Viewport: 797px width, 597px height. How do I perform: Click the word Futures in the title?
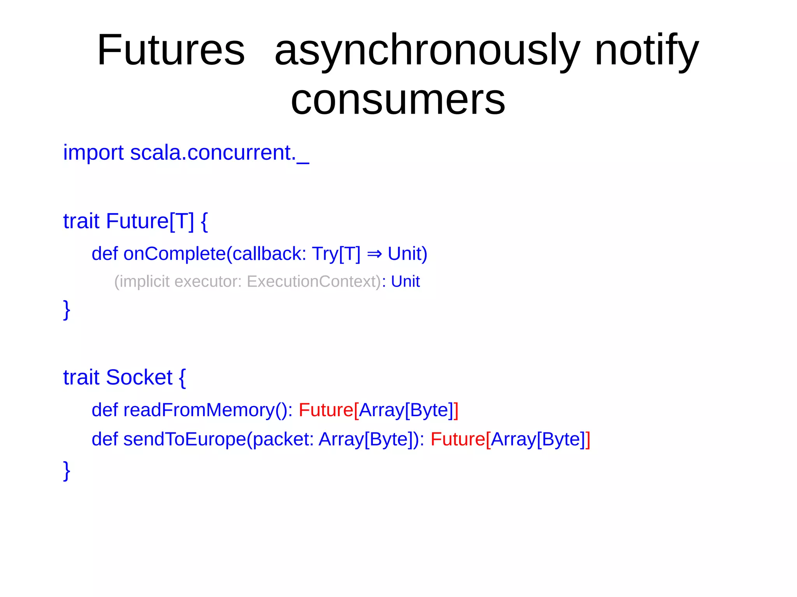171,51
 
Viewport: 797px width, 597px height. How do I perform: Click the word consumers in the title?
398,100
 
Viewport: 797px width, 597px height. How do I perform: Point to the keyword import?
93,152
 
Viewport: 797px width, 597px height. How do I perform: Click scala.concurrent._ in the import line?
219,152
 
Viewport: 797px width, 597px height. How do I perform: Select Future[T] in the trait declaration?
149,221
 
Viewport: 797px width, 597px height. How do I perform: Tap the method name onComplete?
174,254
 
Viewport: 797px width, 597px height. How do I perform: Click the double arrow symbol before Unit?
374,254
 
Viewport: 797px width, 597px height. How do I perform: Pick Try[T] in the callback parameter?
336,254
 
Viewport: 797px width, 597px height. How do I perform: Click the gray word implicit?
145,282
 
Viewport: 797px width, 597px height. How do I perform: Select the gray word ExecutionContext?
314,282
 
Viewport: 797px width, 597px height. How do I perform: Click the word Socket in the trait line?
139,377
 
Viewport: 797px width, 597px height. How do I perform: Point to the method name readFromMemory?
198,410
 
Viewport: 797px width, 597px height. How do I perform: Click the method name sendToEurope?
184,439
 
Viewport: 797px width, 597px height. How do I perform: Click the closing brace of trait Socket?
67,471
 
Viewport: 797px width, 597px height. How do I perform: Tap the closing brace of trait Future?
67,310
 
